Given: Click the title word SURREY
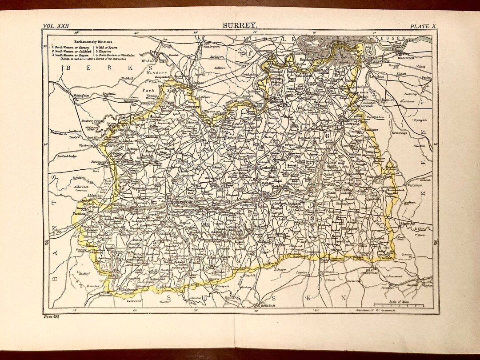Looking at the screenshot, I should (240, 26).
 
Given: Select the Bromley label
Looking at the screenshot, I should (388, 100).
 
